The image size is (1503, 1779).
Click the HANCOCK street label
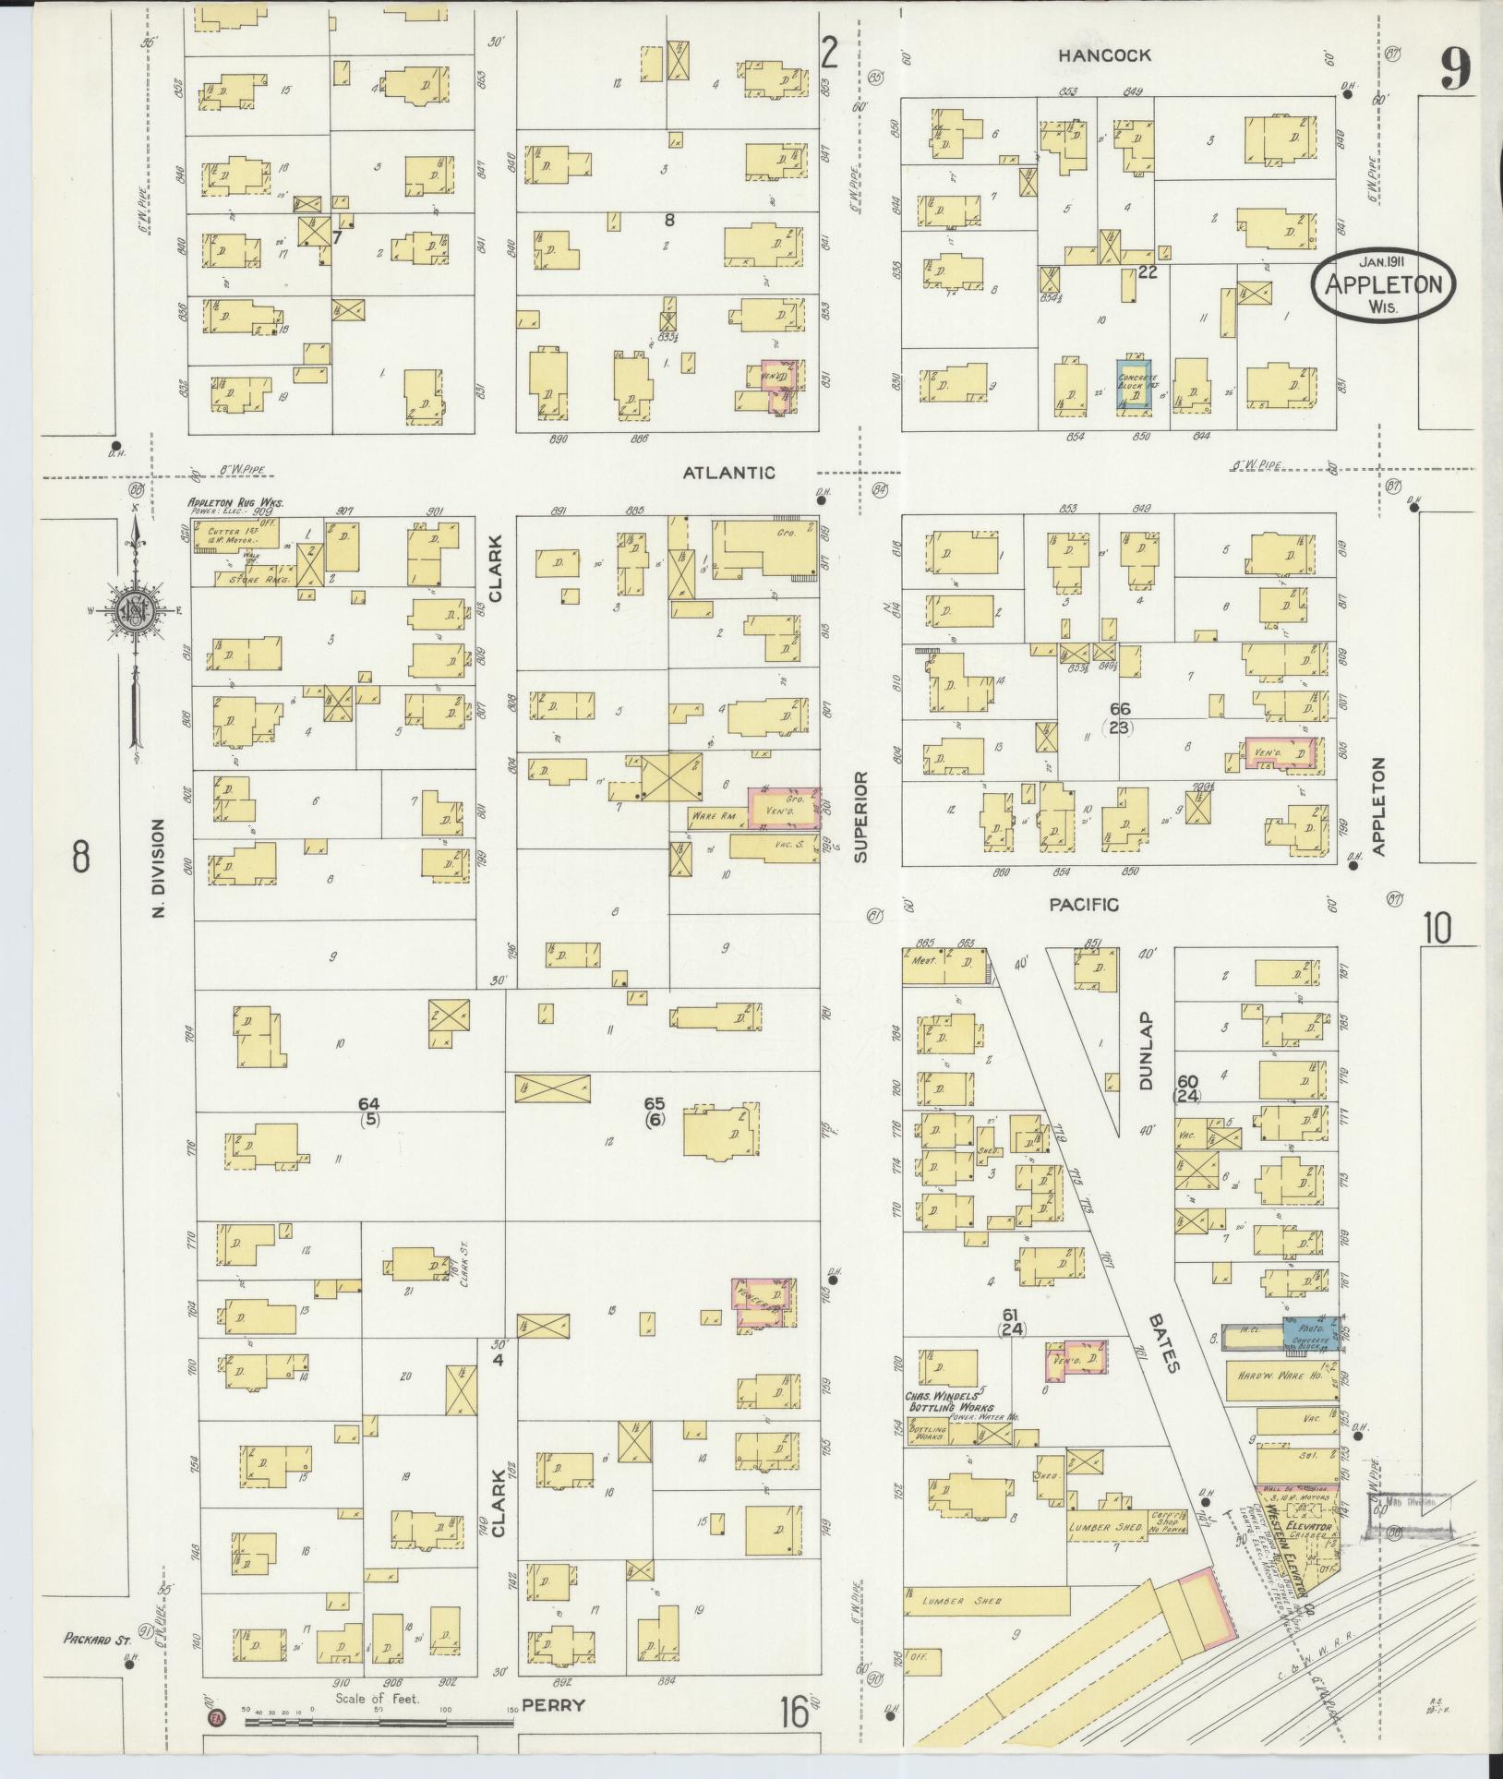tap(1104, 55)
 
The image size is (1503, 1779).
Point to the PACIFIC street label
tap(1084, 906)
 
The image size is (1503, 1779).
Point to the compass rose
tap(134, 609)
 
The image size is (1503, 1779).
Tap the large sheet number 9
tap(1454, 69)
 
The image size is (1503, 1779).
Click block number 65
tap(654, 1104)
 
